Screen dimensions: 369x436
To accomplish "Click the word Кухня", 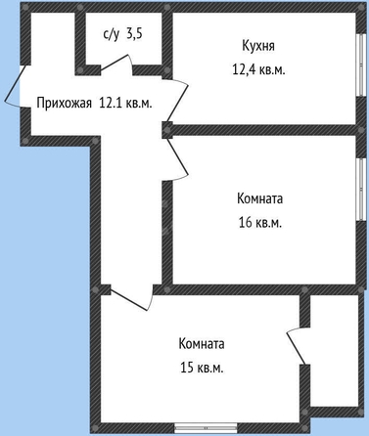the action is click(x=258, y=46).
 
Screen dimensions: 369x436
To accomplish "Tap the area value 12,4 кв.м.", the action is click(x=258, y=69).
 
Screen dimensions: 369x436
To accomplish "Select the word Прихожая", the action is click(x=64, y=104).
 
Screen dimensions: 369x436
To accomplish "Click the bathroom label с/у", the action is click(x=112, y=34).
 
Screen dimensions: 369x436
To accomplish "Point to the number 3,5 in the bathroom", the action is click(x=134, y=33).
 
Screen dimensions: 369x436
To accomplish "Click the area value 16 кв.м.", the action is click(x=259, y=223).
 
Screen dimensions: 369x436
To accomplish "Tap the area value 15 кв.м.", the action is click(x=202, y=368).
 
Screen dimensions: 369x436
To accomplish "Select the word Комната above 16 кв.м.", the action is click(x=259, y=198).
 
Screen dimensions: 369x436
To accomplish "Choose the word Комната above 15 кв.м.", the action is click(x=202, y=344).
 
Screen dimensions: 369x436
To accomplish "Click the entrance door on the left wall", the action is click(x=13, y=86).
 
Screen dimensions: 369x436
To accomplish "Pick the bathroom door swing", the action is click(x=116, y=63).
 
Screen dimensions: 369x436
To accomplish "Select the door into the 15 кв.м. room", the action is click(x=130, y=297).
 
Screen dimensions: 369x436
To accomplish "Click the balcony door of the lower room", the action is click(x=297, y=346).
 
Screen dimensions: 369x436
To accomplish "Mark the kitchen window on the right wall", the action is click(x=360, y=65).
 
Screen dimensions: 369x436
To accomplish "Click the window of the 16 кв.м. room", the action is click(x=360, y=190).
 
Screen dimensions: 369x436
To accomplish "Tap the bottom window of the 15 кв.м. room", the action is click(x=206, y=427).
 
